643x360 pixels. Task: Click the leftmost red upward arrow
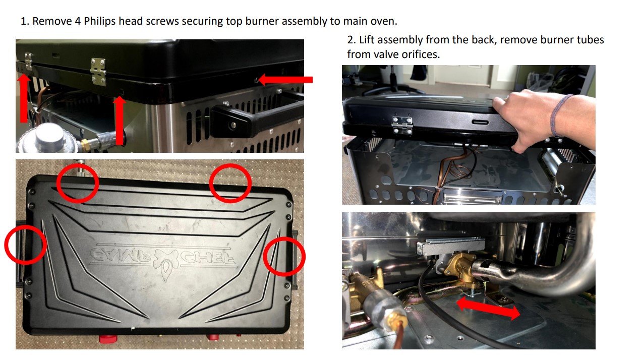pyautogui.click(x=23, y=98)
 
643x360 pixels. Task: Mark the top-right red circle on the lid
pyautogui.click(x=230, y=184)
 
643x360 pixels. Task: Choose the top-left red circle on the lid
pyautogui.click(x=77, y=183)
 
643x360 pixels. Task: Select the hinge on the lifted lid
pyautogui.click(x=402, y=124)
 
